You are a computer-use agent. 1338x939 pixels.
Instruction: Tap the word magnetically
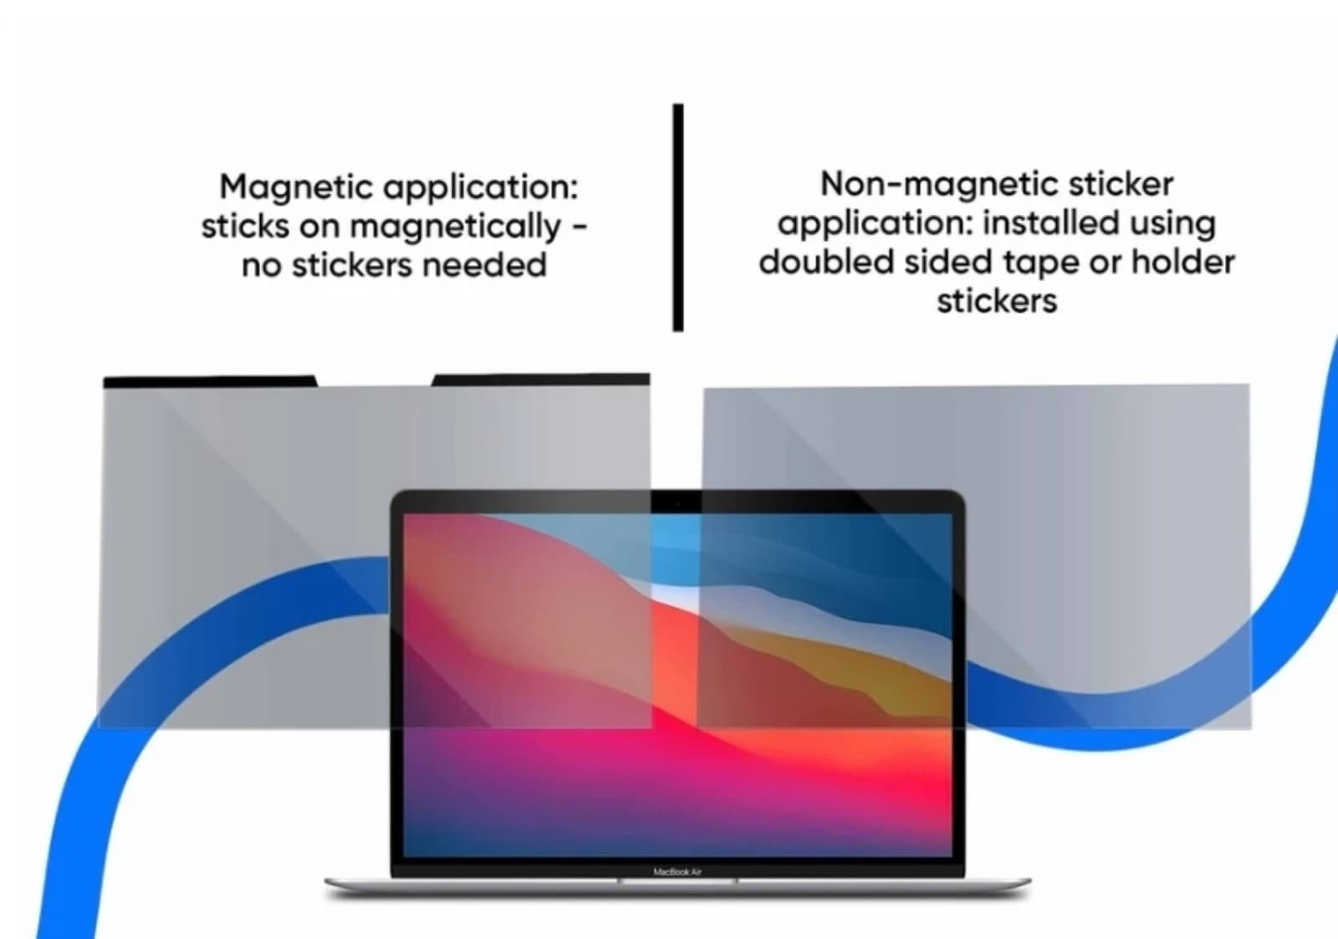[456, 227]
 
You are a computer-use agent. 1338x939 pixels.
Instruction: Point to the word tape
[1040, 262]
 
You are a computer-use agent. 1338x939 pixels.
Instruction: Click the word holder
[1182, 262]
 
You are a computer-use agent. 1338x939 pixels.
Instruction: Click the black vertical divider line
[678, 217]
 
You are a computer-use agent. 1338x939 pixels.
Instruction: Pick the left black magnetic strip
[209, 381]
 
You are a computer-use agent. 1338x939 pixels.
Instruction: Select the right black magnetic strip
[541, 380]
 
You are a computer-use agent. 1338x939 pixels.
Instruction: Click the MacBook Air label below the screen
[677, 872]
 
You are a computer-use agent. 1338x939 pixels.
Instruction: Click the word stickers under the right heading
[997, 301]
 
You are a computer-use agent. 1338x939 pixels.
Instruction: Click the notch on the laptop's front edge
[677, 880]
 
